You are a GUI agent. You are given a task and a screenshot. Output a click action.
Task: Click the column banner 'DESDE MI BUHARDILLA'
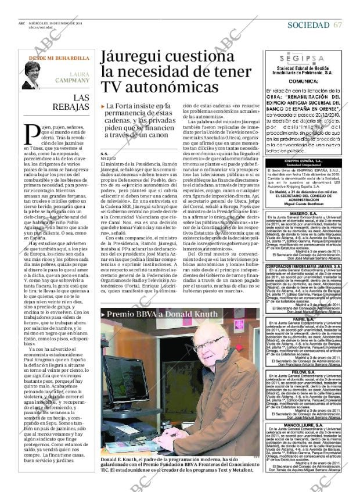(59, 59)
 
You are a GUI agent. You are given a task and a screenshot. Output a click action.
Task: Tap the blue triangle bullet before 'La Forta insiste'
(103, 106)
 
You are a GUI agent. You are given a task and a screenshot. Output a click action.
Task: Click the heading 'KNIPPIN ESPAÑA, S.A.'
(301, 159)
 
